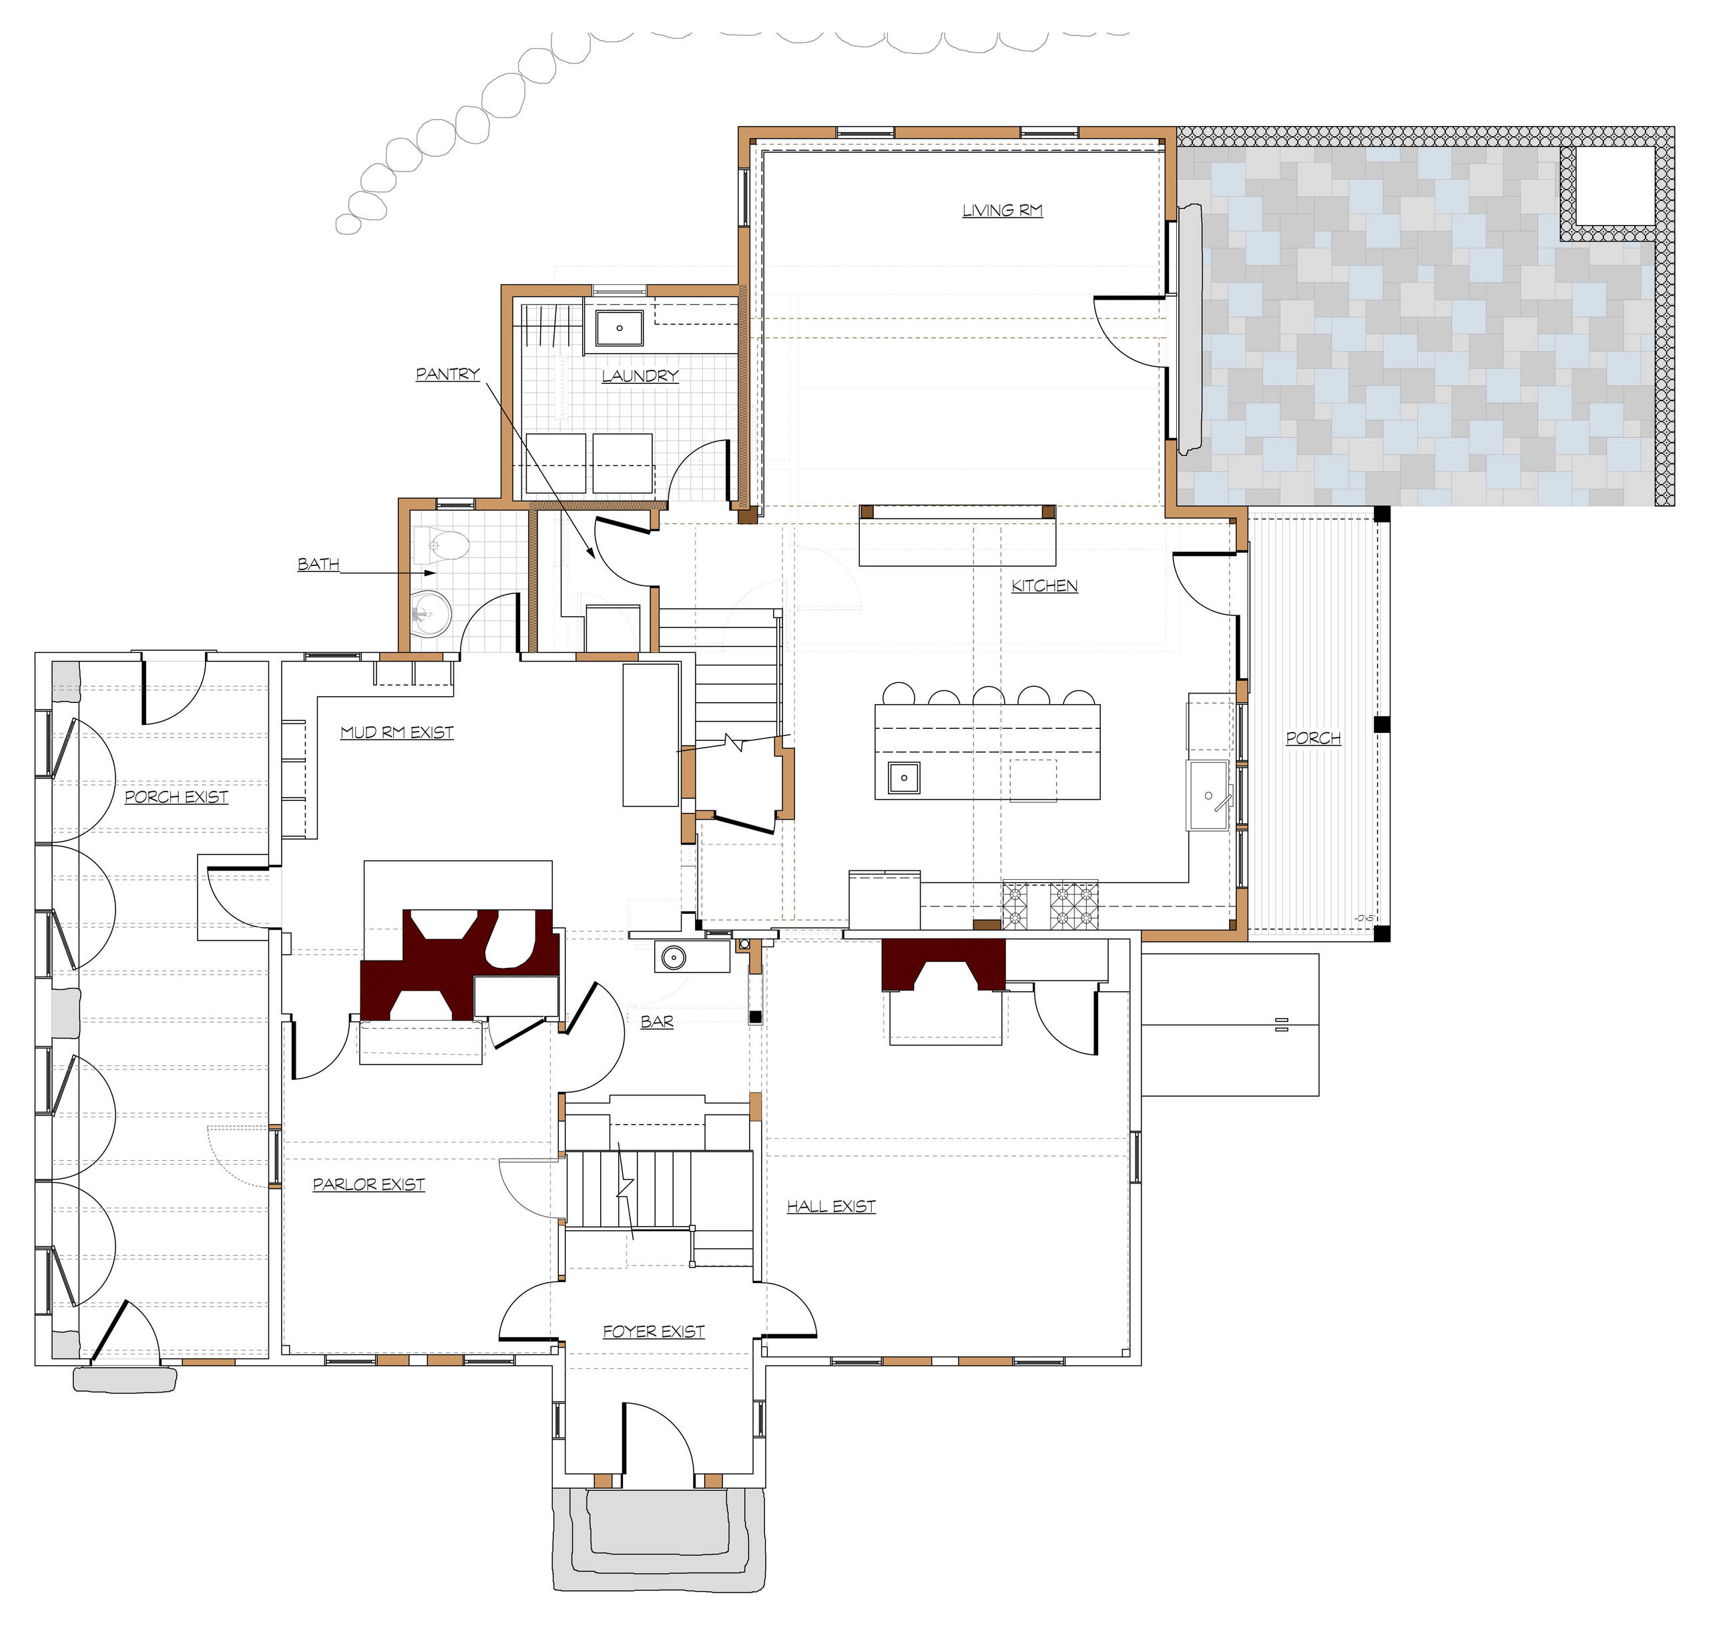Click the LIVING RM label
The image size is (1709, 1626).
click(1002, 211)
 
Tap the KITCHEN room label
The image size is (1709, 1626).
click(1044, 586)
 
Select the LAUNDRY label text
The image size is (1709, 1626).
click(640, 376)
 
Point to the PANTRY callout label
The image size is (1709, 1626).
click(447, 374)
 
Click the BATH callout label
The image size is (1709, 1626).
click(318, 564)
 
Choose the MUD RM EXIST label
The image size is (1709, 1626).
click(397, 732)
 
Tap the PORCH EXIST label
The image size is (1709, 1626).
click(176, 796)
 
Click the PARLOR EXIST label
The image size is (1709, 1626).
click(369, 1184)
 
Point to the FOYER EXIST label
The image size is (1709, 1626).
click(654, 1332)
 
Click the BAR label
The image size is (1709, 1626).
click(657, 1022)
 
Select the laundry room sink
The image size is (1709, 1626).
click(619, 328)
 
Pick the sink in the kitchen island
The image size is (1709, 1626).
click(904, 778)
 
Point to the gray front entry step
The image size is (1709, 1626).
click(659, 1539)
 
